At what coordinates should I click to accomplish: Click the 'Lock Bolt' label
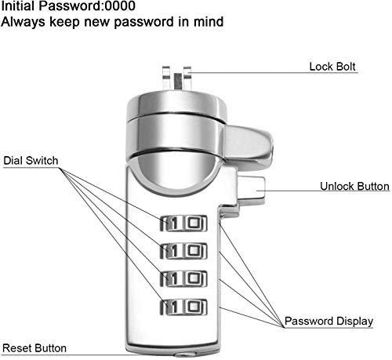coord(332,67)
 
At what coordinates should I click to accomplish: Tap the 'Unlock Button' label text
coord(354,186)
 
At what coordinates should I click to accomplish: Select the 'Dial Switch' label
coord(31,160)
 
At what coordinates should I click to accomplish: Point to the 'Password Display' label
coord(328,321)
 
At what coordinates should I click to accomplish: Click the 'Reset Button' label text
coord(34,348)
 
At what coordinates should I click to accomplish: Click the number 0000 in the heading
coord(120,5)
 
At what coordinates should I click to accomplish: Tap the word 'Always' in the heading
coord(23,22)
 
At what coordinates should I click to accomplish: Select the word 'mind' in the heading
coord(209,21)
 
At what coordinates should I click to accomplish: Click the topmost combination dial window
coord(183,224)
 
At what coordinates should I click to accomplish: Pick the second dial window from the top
coord(183,251)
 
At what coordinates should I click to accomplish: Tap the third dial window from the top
coord(183,278)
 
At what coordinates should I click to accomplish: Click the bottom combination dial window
coord(183,307)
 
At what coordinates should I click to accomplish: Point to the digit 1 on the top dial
coord(174,224)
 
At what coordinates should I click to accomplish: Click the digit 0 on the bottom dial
coord(194,307)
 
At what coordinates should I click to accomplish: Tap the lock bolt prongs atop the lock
coord(177,78)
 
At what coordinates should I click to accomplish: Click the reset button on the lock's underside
coord(185,355)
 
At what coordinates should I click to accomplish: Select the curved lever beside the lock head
coord(248,147)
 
